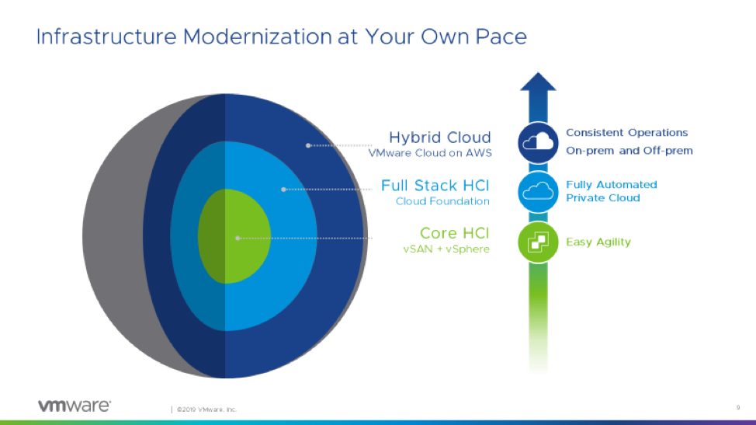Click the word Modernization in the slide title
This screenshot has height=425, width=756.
pyautogui.click(x=258, y=37)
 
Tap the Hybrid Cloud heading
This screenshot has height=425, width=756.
pyautogui.click(x=440, y=138)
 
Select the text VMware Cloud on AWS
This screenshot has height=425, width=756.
pyautogui.click(x=429, y=153)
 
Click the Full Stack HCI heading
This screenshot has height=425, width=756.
pyautogui.click(x=435, y=186)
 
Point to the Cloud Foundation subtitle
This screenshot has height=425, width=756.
pyautogui.click(x=442, y=201)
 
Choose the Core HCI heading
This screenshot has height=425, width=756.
pyautogui.click(x=454, y=234)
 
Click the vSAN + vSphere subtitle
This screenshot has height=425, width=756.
pyautogui.click(x=446, y=249)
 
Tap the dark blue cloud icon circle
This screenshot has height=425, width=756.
pyautogui.click(x=538, y=143)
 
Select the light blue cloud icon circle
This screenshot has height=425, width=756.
pyautogui.click(x=538, y=192)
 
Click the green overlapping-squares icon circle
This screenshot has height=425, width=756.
pyautogui.click(x=538, y=242)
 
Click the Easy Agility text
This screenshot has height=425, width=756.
pyautogui.click(x=598, y=242)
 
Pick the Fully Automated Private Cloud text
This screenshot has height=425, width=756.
pyautogui.click(x=612, y=191)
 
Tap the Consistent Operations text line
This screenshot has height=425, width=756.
pyautogui.click(x=627, y=133)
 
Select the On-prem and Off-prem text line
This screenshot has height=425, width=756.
pyautogui.click(x=629, y=151)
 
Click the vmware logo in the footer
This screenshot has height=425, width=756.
pyautogui.click(x=75, y=406)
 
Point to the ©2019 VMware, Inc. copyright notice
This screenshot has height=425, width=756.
pyautogui.click(x=206, y=409)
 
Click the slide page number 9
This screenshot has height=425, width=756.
pyautogui.click(x=737, y=408)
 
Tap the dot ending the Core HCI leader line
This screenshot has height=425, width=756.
pyautogui.click(x=238, y=239)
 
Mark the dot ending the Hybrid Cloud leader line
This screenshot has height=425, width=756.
pyautogui.click(x=308, y=145)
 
